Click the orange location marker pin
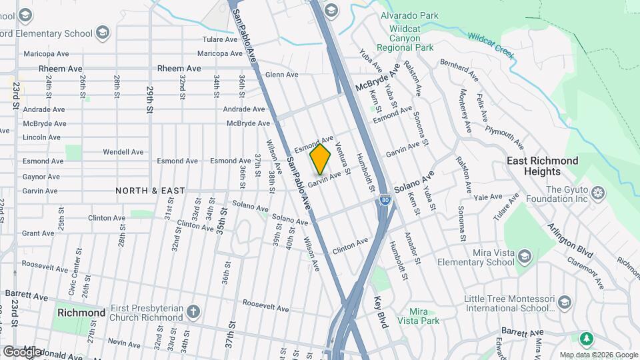[x=320, y=159]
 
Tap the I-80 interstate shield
[x=385, y=199]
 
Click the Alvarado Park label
[x=409, y=15]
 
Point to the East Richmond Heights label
[x=542, y=166]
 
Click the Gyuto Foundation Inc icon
[x=598, y=193]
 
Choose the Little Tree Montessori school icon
[x=565, y=303]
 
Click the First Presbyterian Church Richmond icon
[x=193, y=312]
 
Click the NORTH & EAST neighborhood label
[x=150, y=191]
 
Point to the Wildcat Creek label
[x=491, y=45]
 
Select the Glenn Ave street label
[x=281, y=75]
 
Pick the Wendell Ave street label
[x=124, y=152]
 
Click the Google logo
[x=22, y=351]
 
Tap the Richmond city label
[x=81, y=313]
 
